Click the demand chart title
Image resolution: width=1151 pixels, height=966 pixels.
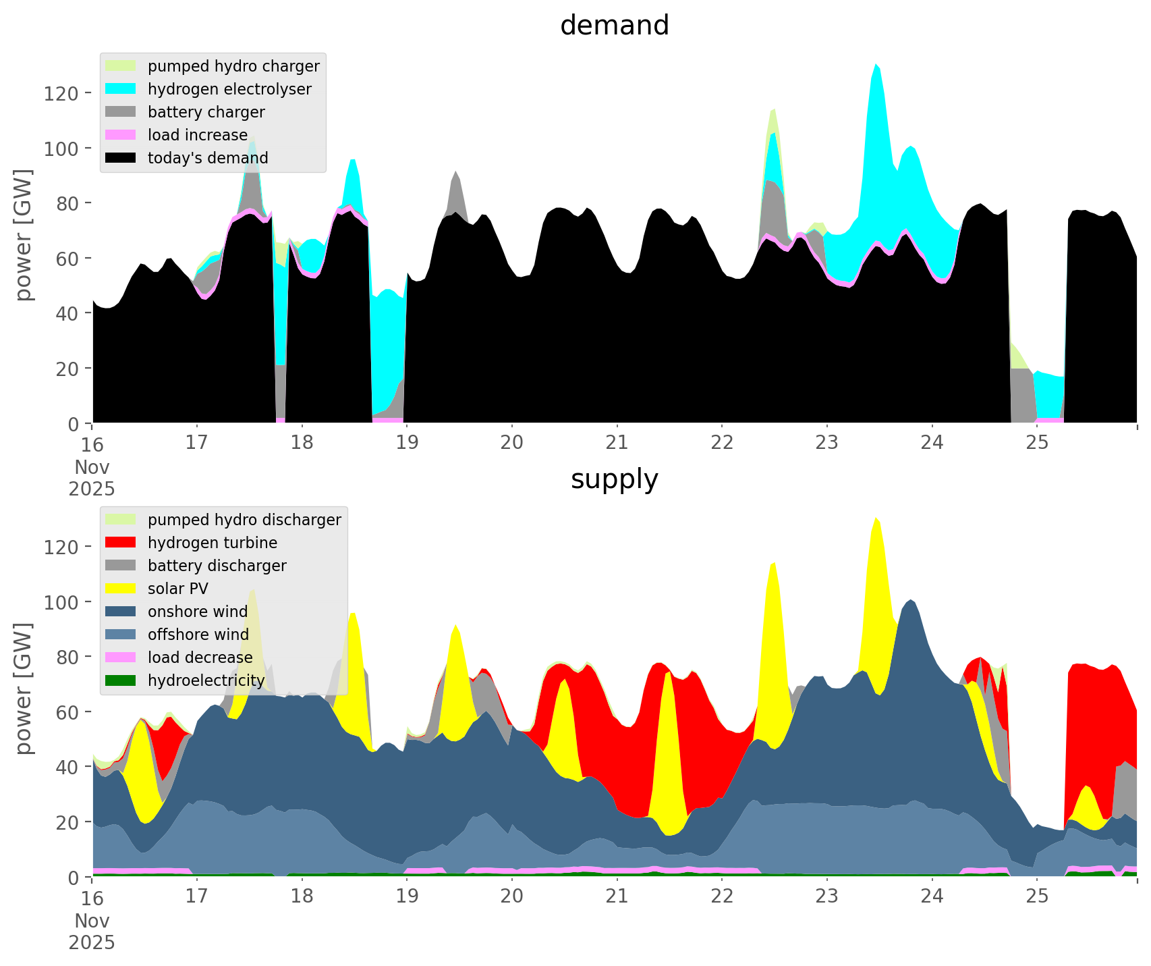tap(614, 26)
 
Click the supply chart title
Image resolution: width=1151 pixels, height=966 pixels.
tap(614, 479)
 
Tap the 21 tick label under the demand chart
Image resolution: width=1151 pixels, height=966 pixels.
tap(617, 443)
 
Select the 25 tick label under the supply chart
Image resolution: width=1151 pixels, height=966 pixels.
tap(1037, 896)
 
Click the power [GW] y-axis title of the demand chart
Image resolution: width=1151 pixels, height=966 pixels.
tap(24, 235)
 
